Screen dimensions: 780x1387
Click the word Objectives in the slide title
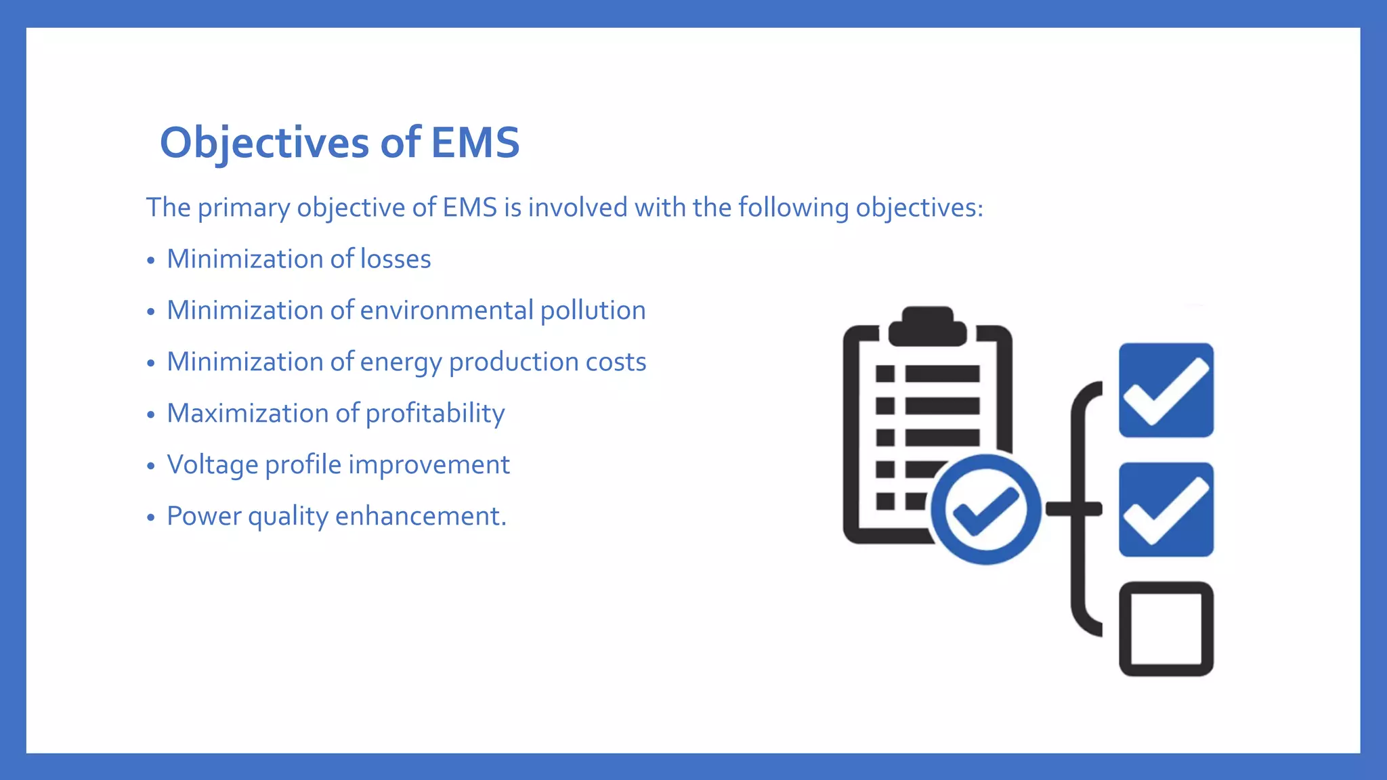[264, 143]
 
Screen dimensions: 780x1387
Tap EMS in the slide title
[475, 143]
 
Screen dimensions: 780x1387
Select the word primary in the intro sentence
[244, 208]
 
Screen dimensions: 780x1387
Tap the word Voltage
[212, 465]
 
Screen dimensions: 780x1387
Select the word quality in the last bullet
[288, 517]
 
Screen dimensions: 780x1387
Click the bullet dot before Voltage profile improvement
[151, 466]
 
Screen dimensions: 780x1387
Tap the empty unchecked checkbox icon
[1166, 628]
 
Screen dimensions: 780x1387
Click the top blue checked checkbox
[1166, 390]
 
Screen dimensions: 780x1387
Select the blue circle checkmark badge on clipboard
[985, 509]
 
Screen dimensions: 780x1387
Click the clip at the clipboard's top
[927, 326]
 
